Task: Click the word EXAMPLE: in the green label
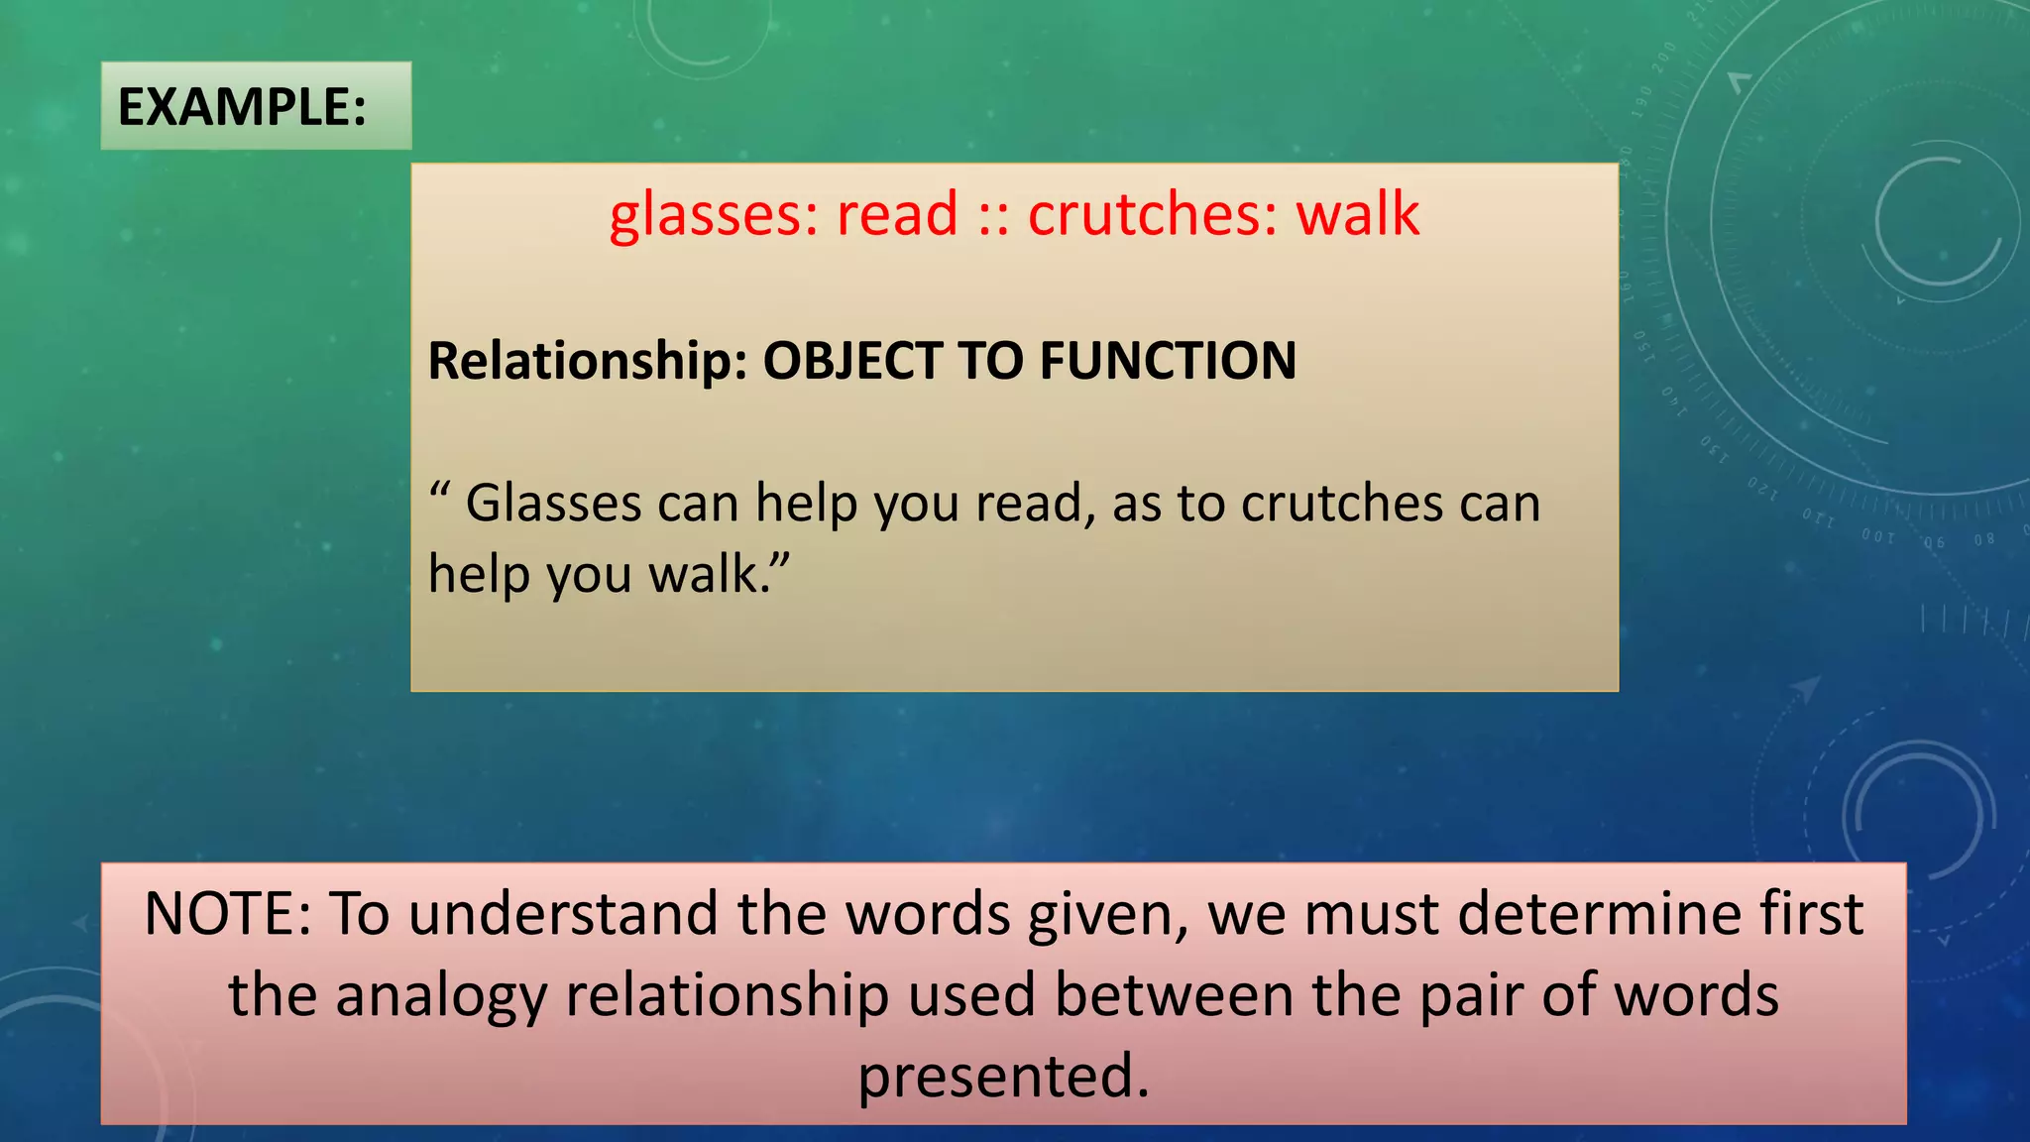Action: (242, 107)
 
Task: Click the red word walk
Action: (1358, 214)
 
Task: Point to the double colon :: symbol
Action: (993, 216)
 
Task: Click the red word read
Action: (897, 214)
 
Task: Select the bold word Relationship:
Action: (587, 361)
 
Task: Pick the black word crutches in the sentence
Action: (1342, 504)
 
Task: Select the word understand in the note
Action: (563, 914)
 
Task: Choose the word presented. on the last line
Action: (1003, 1078)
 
